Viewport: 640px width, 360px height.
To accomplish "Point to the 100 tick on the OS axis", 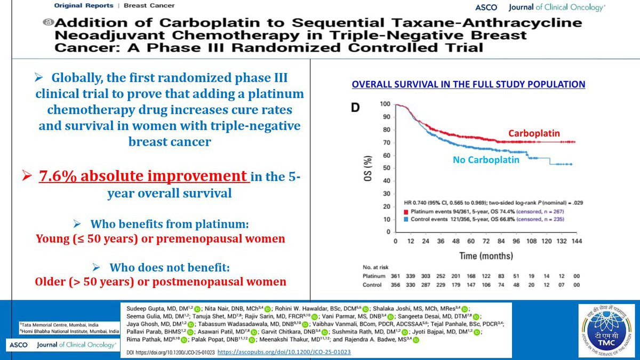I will (385, 104).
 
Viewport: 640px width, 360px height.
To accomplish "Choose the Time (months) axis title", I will (486, 256).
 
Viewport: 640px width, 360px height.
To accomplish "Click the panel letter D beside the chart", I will (355, 108).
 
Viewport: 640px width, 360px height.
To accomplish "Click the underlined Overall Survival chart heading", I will (468, 84).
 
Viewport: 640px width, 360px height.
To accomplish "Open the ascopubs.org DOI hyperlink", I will (284, 353).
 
